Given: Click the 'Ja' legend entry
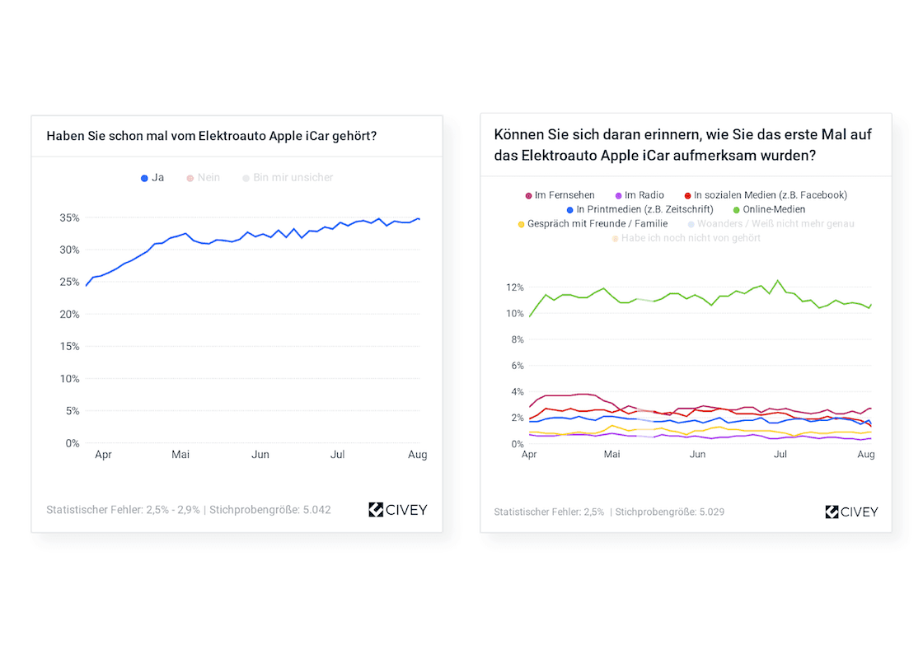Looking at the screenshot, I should pos(152,177).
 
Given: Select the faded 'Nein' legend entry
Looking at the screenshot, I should pos(204,177).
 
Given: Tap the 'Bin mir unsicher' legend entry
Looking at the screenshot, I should pos(288,177).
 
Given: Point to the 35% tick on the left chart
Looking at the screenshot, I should pos(69,217).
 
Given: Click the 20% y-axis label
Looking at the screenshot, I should pos(69,315).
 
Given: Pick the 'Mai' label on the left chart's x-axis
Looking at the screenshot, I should pos(180,454).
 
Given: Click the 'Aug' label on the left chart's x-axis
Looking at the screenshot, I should pos(418,454).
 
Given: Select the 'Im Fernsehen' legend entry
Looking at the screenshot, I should pos(560,195).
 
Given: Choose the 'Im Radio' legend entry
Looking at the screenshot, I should pos(637,195).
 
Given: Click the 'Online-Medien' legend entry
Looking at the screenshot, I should pos(769,209).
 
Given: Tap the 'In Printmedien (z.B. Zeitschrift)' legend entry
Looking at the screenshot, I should pos(640,209).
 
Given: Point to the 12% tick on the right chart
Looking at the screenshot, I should pos(514,287).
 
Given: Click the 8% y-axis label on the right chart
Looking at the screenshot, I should pos(517,339).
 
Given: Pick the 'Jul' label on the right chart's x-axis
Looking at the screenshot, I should pos(780,455).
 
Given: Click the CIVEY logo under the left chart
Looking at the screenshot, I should pos(398,510).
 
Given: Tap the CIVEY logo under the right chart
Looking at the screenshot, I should pos(851,512).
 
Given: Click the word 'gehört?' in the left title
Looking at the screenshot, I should pos(354,135).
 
